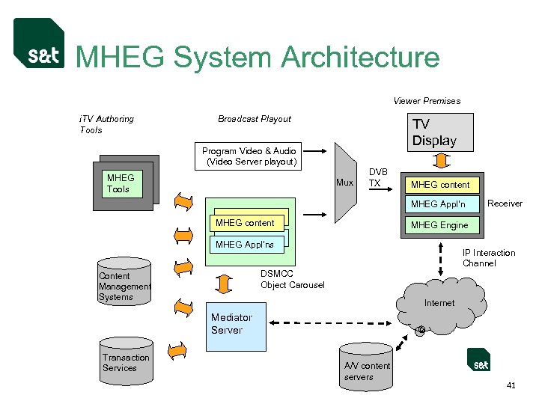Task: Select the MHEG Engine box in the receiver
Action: pyautogui.click(x=439, y=224)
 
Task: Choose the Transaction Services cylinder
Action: pyautogui.click(x=126, y=364)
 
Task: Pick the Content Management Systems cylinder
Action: pyautogui.click(x=125, y=283)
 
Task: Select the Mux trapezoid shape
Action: pyautogui.click(x=344, y=182)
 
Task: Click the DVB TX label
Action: pyautogui.click(x=379, y=177)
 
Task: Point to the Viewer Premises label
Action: pyautogui.click(x=427, y=101)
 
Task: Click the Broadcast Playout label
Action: pyautogui.click(x=255, y=119)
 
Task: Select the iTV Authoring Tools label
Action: pyautogui.click(x=106, y=124)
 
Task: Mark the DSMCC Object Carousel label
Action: pyautogui.click(x=292, y=279)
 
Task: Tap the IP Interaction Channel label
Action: pyautogui.click(x=489, y=258)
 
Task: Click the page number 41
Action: pyautogui.click(x=511, y=386)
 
